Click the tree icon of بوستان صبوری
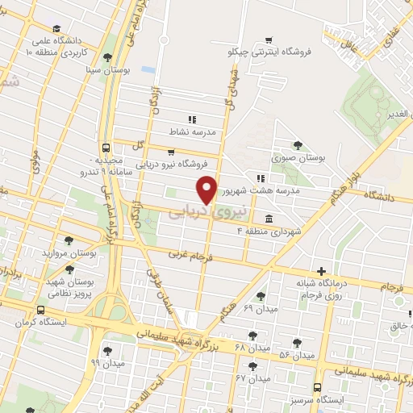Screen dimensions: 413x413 tap(298, 145)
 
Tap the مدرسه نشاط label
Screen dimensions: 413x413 tap(192, 131)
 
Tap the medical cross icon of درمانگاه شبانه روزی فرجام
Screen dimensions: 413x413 tap(321, 271)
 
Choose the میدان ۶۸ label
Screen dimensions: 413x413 tap(227, 347)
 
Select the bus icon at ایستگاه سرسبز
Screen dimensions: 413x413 tap(318, 387)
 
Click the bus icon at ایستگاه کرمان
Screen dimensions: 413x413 tap(41, 310)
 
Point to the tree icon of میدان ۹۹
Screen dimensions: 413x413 tap(107, 351)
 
